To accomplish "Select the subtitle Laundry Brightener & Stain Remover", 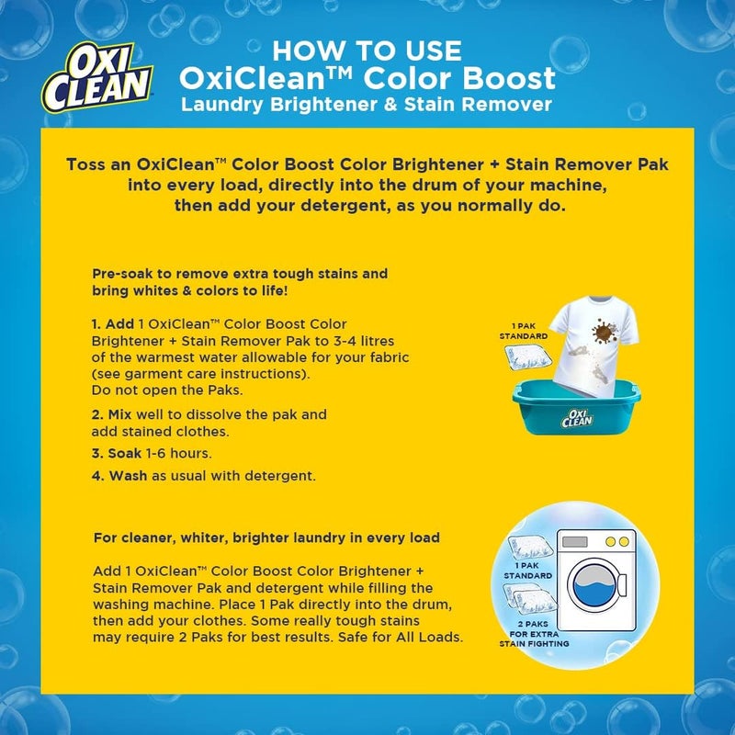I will pyautogui.click(x=367, y=104).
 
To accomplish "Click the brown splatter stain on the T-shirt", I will pyautogui.click(x=603, y=334).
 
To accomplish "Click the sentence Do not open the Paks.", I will pyautogui.click(x=156, y=390).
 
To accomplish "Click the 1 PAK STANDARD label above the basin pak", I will pyautogui.click(x=526, y=331).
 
